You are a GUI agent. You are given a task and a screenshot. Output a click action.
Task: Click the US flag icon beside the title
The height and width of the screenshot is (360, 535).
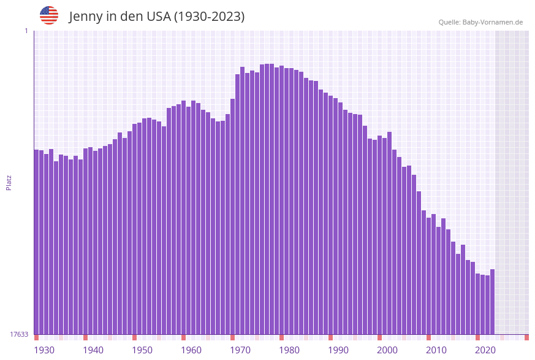pyautogui.click(x=49, y=15)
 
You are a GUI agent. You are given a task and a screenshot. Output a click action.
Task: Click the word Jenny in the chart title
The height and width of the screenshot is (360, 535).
pyautogui.click(x=86, y=17)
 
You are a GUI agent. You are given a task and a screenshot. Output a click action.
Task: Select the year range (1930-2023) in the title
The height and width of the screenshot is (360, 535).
pyautogui.click(x=209, y=17)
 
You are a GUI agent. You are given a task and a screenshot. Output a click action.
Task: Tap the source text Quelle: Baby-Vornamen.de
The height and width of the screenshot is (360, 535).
pyautogui.click(x=480, y=22)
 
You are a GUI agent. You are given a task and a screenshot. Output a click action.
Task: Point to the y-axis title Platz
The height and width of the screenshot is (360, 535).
pyautogui.click(x=9, y=182)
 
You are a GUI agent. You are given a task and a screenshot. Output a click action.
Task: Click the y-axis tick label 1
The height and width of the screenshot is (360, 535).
pyautogui.click(x=26, y=31)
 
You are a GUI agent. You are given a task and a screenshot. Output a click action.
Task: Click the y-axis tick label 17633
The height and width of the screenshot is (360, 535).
pyautogui.click(x=19, y=334)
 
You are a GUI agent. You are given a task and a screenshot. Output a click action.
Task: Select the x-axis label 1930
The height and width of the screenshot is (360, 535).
pyautogui.click(x=44, y=350)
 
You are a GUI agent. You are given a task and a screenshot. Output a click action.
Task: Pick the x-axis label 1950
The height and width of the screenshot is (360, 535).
pyautogui.click(x=142, y=350)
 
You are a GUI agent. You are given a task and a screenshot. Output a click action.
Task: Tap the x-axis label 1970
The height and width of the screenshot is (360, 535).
pyautogui.click(x=240, y=350)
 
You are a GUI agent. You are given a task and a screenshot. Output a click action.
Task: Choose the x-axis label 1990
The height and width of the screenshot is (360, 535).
pyautogui.click(x=338, y=350)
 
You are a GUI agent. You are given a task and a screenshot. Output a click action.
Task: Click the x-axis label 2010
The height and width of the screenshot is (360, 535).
pyautogui.click(x=436, y=350)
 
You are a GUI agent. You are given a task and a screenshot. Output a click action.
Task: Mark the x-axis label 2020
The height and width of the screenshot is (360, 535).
pyautogui.click(x=485, y=350)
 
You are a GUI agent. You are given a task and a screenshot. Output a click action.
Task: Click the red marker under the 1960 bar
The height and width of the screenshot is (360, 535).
pyautogui.click(x=183, y=337)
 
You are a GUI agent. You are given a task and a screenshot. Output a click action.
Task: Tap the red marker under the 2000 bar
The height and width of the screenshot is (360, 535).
pyautogui.click(x=379, y=337)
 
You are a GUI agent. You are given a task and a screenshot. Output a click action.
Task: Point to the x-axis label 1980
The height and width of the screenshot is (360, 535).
pyautogui.click(x=289, y=350)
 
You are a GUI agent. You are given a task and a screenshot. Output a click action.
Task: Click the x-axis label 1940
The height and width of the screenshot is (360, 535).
pyautogui.click(x=93, y=350)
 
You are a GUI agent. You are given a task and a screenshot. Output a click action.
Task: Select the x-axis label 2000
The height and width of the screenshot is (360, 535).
pyautogui.click(x=387, y=350)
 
